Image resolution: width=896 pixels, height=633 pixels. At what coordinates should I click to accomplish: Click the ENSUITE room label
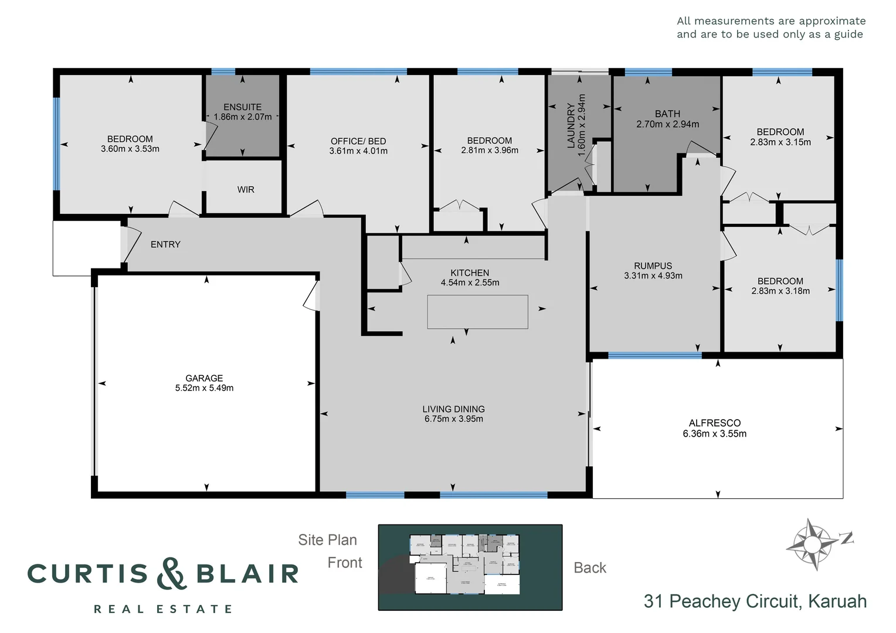242,107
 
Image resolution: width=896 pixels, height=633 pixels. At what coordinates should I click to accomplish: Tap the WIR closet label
246,189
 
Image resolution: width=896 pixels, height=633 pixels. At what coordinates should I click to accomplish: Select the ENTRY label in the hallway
165,244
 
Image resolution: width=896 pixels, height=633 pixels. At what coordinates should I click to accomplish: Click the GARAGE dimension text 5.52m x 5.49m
204,388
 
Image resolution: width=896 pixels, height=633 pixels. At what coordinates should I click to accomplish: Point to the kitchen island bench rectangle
477,312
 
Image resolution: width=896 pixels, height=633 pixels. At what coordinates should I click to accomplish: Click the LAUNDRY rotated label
571,125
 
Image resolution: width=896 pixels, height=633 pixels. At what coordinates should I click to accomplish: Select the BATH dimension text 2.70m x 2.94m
667,124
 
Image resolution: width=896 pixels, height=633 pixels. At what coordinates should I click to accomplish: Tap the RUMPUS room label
653,266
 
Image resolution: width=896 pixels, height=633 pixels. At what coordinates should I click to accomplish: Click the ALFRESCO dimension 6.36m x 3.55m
714,434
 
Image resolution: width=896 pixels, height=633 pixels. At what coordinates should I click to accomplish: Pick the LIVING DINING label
453,409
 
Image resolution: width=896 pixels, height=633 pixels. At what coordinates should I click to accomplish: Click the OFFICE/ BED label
358,141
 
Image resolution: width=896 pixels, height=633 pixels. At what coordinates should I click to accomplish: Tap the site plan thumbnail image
470,567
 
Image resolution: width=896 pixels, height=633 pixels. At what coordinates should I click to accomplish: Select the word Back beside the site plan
589,567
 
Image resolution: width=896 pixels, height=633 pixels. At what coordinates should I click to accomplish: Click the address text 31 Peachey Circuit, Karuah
755,601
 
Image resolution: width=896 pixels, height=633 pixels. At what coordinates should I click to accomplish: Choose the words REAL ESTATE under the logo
163,610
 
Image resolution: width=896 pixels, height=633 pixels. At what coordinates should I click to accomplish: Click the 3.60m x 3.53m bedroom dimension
130,149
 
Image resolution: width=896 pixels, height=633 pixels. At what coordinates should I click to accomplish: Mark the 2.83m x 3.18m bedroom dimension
780,291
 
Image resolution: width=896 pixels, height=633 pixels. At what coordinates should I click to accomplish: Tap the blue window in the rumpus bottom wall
654,355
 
